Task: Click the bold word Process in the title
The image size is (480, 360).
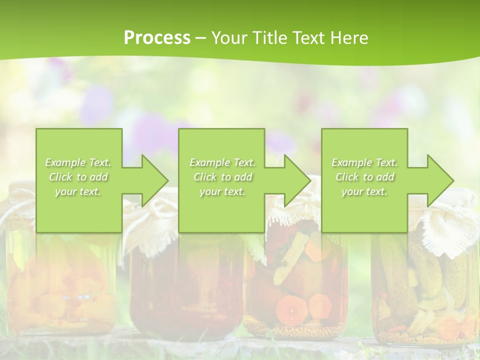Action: (x=157, y=37)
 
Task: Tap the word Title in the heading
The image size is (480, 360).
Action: (x=269, y=37)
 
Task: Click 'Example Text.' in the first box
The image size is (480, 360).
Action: (x=78, y=162)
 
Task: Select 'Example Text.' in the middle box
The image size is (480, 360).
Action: (x=222, y=162)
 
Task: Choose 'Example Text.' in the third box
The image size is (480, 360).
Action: (x=364, y=162)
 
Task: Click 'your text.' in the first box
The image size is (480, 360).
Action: (x=78, y=191)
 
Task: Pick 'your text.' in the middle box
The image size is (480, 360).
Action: (x=222, y=191)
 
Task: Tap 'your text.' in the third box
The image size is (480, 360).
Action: (x=364, y=191)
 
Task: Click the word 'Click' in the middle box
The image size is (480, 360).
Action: (x=205, y=177)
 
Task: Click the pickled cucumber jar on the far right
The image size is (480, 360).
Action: (x=425, y=295)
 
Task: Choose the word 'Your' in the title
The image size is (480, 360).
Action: (x=229, y=37)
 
